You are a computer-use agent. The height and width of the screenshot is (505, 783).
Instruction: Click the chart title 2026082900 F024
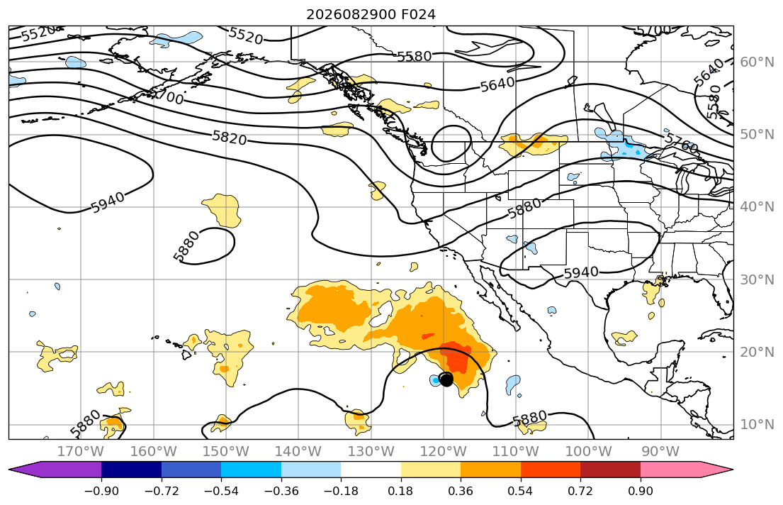tap(371, 14)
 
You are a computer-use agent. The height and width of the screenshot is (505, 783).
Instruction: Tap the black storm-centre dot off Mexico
tap(446, 379)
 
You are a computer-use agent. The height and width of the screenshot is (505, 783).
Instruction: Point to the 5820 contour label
tap(229, 138)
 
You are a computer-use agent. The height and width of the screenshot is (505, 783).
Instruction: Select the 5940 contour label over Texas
tap(581, 272)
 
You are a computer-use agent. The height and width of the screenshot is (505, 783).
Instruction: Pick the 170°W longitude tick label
tap(81, 452)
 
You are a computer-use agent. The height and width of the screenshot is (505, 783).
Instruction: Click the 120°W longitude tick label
tap(444, 452)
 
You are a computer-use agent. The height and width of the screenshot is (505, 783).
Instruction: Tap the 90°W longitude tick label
tap(660, 452)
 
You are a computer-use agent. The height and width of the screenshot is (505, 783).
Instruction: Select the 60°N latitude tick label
tap(757, 62)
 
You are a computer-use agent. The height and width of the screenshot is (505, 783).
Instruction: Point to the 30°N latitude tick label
tap(757, 279)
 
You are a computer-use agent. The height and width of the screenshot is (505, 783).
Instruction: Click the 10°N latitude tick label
tap(757, 425)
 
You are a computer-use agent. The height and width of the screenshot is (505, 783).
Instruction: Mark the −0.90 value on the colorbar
tap(101, 491)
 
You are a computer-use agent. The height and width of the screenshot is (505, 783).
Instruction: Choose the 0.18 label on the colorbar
tap(401, 491)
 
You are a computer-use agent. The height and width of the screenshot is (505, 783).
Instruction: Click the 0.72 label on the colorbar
tap(581, 491)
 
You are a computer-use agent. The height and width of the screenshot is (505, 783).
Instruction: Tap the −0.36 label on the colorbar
tap(281, 491)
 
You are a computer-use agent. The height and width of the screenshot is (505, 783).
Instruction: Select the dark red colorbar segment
tap(611, 470)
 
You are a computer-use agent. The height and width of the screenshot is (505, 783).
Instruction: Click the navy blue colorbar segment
tap(131, 470)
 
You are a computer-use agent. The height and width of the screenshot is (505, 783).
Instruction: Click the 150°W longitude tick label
tap(226, 452)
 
